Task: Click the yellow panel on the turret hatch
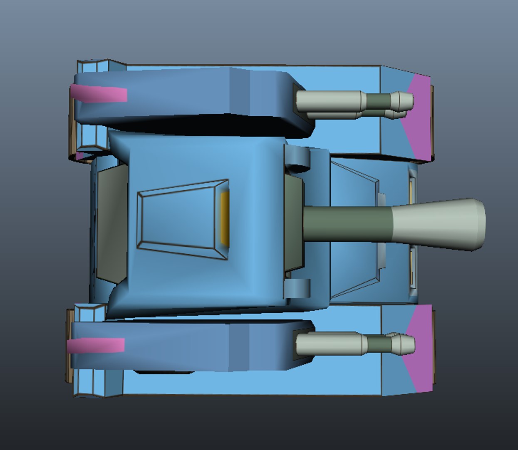[225, 218]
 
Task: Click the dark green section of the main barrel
[347, 223]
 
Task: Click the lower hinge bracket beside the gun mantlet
[298, 287]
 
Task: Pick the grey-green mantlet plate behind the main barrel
[293, 223]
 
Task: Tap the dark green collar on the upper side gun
[379, 101]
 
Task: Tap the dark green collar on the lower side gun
[379, 344]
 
